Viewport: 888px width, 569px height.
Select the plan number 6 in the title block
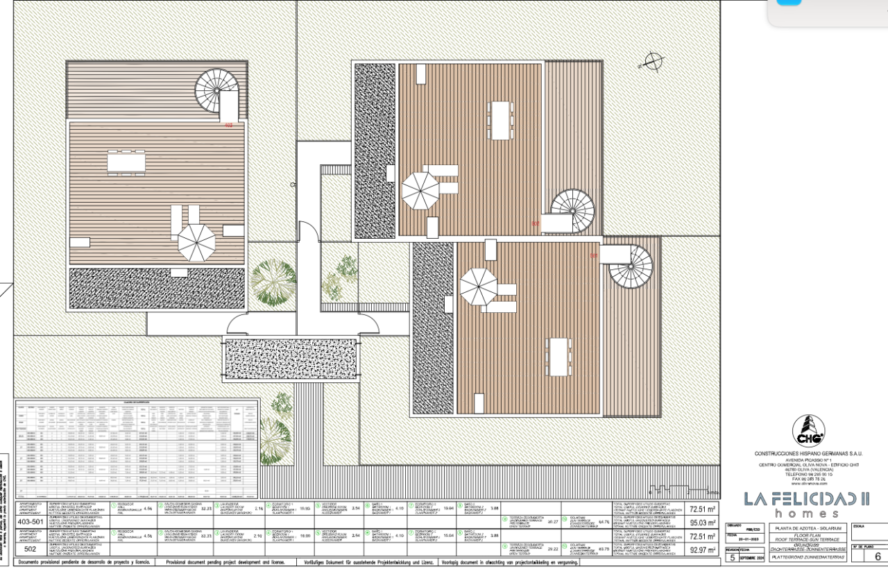click(877, 557)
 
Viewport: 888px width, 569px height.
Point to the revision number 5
click(731, 557)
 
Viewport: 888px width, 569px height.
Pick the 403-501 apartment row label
click(30, 520)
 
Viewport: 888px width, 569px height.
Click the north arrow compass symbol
click(651, 61)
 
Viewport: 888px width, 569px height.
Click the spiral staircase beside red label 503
click(631, 269)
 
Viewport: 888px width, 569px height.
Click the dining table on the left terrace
click(126, 162)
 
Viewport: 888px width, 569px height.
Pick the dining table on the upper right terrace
click(500, 120)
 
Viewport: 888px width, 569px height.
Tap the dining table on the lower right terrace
click(559, 356)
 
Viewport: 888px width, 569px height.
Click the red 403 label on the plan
click(228, 126)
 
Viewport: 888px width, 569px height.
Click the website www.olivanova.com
click(808, 484)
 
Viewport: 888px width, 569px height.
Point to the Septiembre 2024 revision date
click(752, 557)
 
